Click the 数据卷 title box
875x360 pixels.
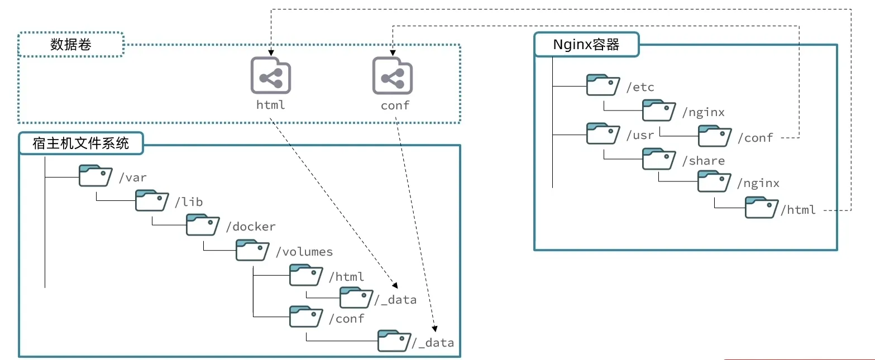pos(70,45)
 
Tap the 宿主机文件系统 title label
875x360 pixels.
pos(81,143)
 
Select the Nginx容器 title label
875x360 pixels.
pos(586,45)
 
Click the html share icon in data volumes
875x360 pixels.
pos(270,75)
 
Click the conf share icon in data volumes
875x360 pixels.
pos(392,75)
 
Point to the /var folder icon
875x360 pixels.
pos(95,176)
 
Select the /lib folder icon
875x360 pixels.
pos(151,200)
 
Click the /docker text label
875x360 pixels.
pos(251,227)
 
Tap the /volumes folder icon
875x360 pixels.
pos(252,250)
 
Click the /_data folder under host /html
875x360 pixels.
pos(356,297)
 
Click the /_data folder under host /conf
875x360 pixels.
pos(394,340)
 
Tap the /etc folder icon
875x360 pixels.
pos(603,85)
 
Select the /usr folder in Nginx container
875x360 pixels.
pos(603,135)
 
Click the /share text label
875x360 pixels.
pos(706,161)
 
